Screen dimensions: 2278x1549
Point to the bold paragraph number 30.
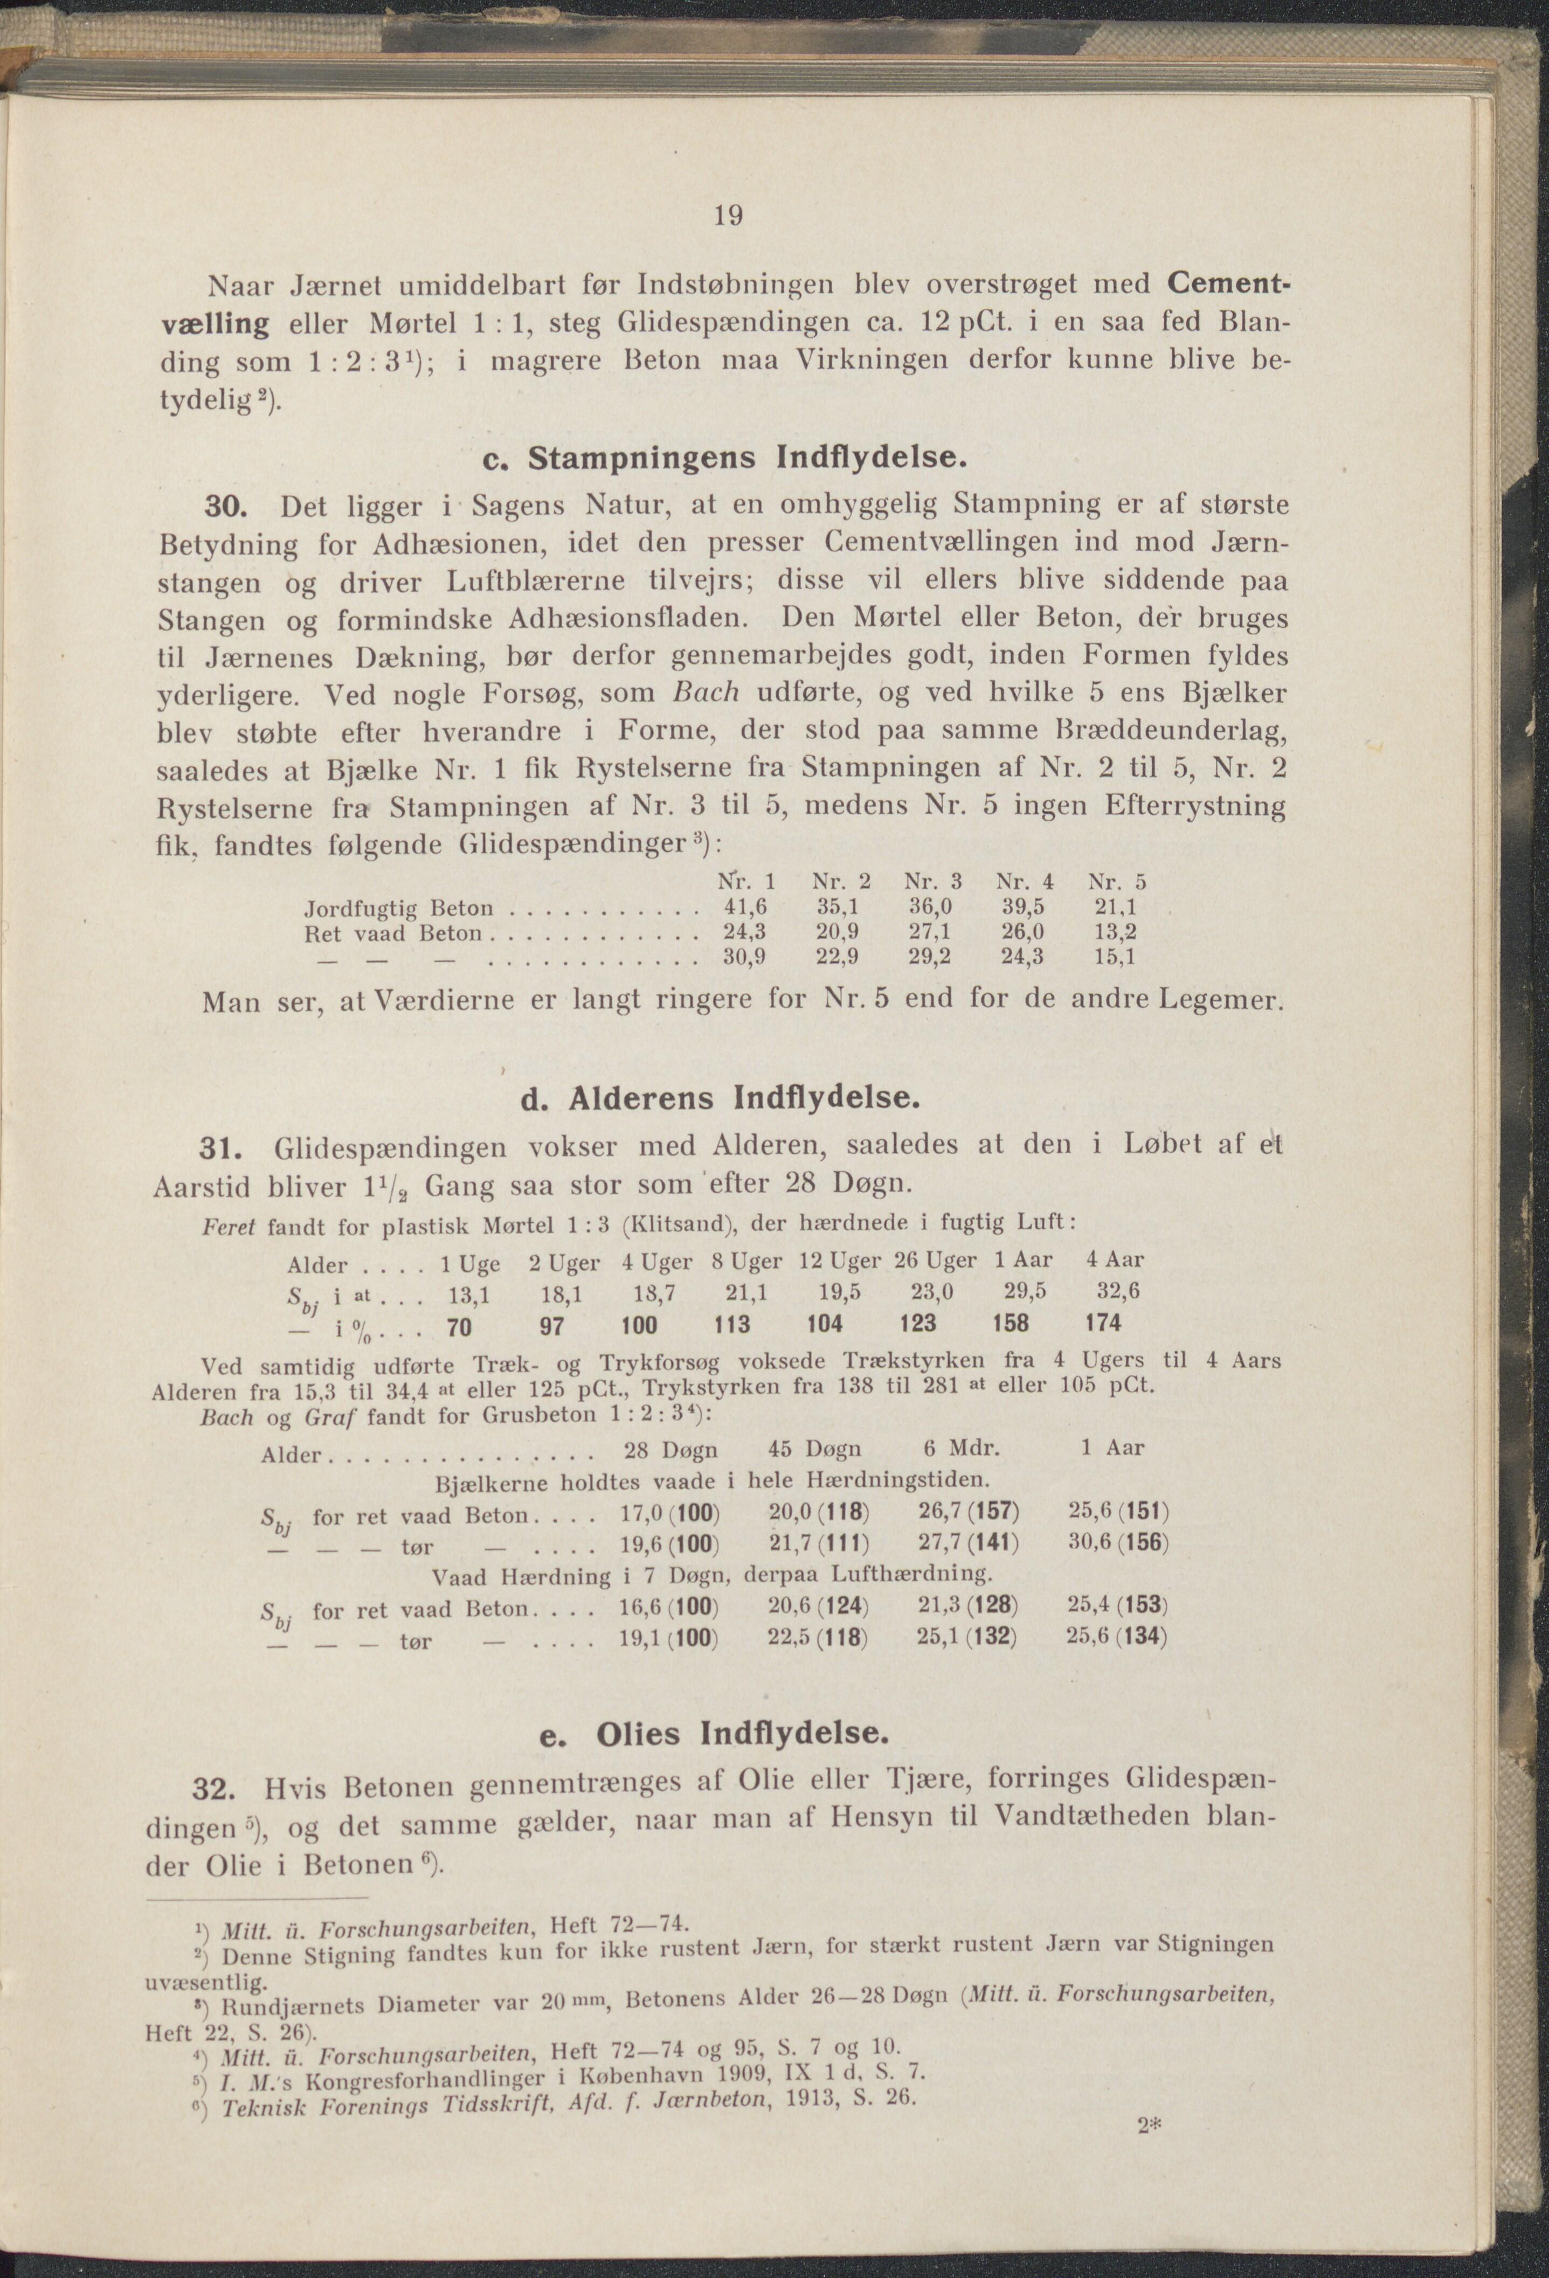point(229,507)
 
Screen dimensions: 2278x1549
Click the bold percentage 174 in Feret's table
point(1103,1323)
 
